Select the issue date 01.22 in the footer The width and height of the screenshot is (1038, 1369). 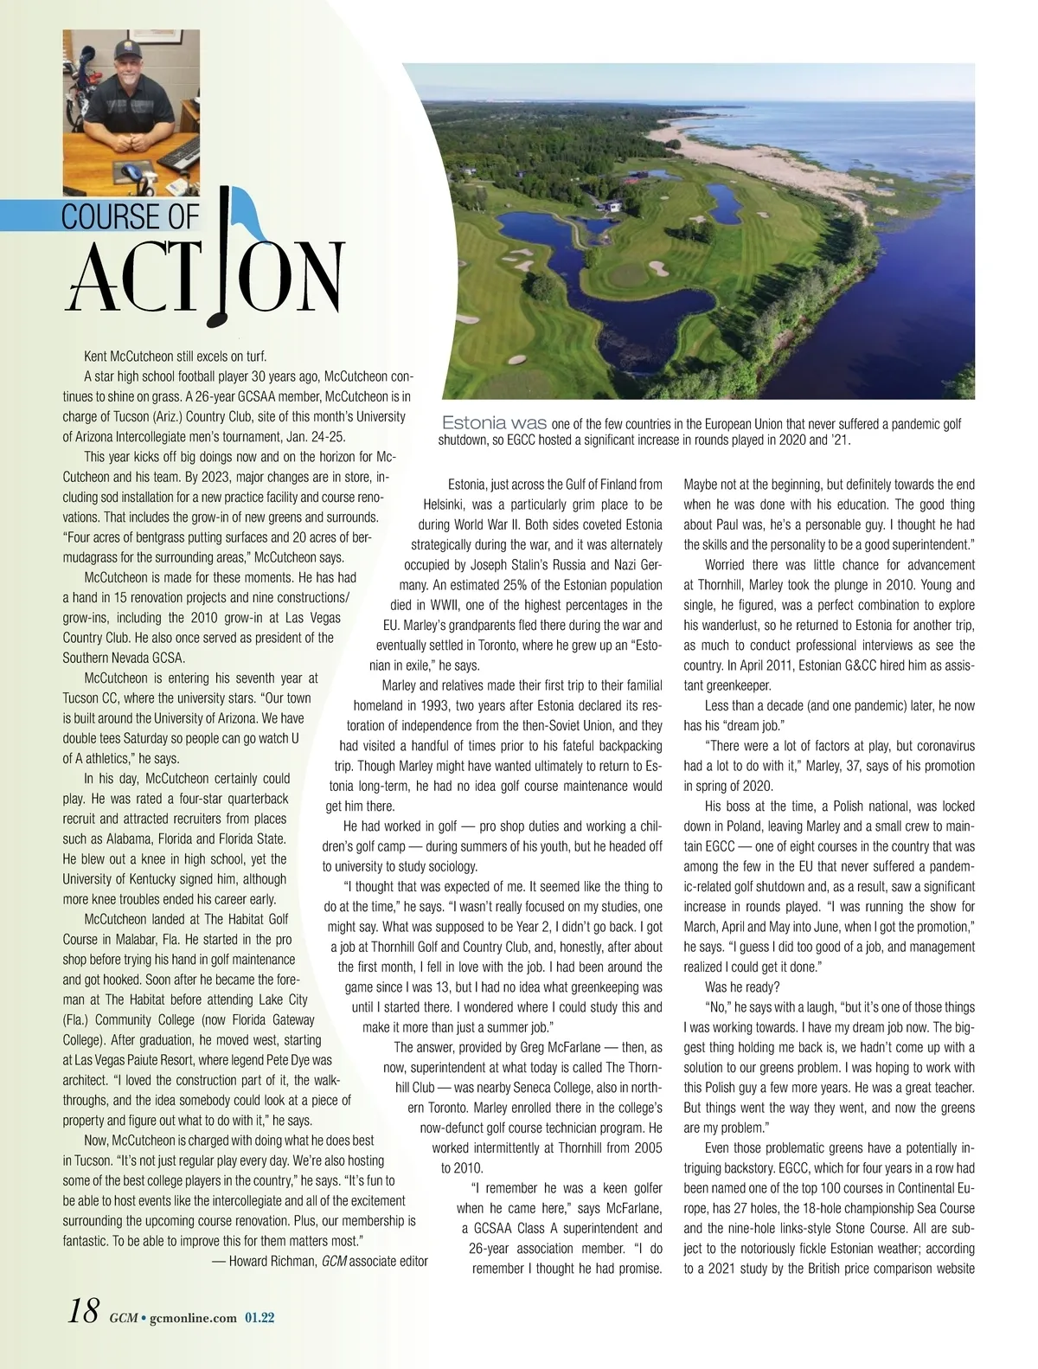click(259, 1317)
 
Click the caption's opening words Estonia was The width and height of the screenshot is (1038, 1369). click(494, 423)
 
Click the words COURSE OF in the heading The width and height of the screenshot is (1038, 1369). click(130, 216)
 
